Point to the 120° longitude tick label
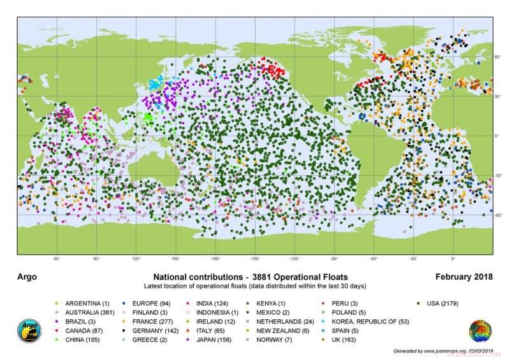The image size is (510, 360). [136, 259]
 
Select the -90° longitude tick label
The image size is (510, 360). [334, 259]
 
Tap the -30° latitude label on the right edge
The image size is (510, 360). [499, 175]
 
